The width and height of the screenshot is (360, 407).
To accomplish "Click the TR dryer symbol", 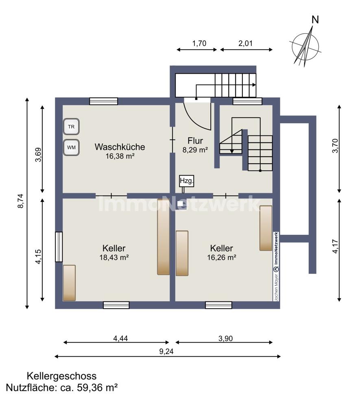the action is click(71, 127).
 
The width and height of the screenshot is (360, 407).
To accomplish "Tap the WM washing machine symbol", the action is click(71, 147).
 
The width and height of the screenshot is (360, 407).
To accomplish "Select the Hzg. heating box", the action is click(186, 181).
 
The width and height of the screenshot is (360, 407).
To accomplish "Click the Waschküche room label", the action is click(120, 147).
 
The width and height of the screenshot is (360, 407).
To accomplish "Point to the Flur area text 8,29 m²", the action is click(195, 150).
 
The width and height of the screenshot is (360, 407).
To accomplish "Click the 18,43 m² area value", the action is click(114, 257).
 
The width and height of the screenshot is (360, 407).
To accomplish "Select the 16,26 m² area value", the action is click(222, 257).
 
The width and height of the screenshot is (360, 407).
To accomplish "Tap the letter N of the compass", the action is click(315, 20).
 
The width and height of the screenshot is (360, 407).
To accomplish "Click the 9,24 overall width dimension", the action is click(166, 352).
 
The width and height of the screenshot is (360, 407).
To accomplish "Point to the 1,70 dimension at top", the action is click(199, 44).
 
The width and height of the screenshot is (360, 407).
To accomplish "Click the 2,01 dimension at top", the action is click(245, 44).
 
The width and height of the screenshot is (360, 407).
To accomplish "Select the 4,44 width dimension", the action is click(120, 339).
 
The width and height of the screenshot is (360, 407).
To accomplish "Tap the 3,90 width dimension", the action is click(226, 339).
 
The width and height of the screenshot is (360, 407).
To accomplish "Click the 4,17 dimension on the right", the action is click(335, 246).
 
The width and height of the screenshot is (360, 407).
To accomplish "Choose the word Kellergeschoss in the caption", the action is click(62, 376).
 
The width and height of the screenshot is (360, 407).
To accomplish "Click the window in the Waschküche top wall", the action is click(103, 101).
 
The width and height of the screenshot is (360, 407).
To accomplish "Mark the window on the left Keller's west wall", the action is click(59, 247).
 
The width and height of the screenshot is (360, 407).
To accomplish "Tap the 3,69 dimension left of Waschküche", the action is click(38, 155).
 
